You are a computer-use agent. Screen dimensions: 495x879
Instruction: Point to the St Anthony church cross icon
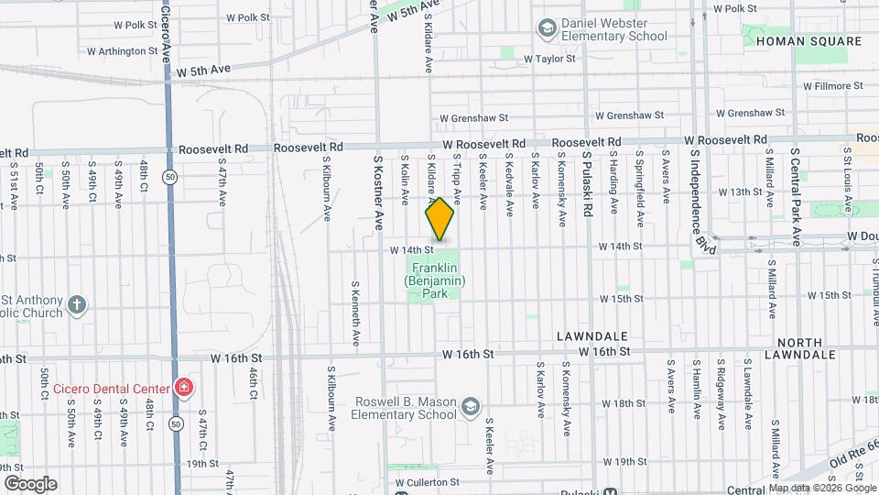point(78,305)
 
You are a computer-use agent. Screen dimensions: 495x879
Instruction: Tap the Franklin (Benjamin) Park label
point(437,280)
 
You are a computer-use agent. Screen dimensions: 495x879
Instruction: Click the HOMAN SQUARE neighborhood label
point(809,41)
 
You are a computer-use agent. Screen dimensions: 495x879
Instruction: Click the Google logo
point(30,484)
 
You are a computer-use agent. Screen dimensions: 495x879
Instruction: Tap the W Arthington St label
point(113,50)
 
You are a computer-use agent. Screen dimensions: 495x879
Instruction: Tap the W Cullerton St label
point(427,481)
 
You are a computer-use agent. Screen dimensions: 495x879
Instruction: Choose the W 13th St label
point(741,192)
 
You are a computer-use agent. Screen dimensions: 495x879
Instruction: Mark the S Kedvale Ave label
point(510,184)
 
